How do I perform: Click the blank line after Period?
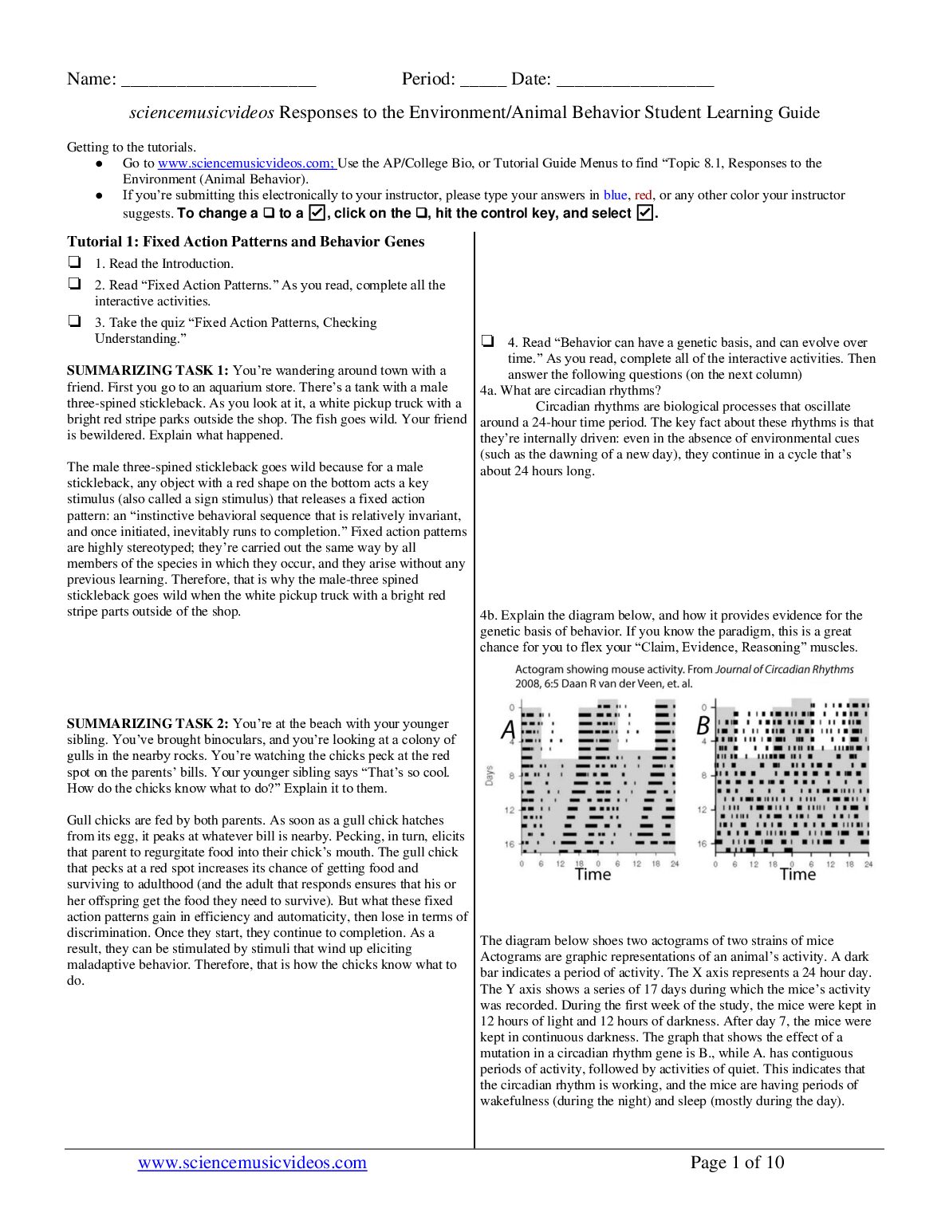point(482,81)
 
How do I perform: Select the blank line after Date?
point(635,81)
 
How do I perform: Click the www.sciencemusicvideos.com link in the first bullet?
point(246,163)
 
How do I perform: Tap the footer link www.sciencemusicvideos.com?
point(252,1163)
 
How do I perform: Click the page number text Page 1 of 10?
point(737,1163)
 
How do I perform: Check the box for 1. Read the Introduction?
point(74,262)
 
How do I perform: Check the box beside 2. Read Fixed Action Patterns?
point(74,283)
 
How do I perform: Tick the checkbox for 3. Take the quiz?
point(74,321)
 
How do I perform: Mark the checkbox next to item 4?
point(487,340)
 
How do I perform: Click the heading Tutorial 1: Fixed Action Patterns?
point(246,242)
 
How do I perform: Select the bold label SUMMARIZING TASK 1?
point(148,371)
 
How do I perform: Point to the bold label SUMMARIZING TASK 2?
point(148,724)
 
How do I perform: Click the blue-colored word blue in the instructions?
point(615,195)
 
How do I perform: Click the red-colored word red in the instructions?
point(643,195)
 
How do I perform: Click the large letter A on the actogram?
point(508,729)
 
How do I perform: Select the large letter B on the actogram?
point(703,726)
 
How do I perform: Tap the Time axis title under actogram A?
point(593,875)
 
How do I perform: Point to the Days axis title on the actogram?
point(489,775)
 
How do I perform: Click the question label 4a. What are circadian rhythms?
point(570,391)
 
